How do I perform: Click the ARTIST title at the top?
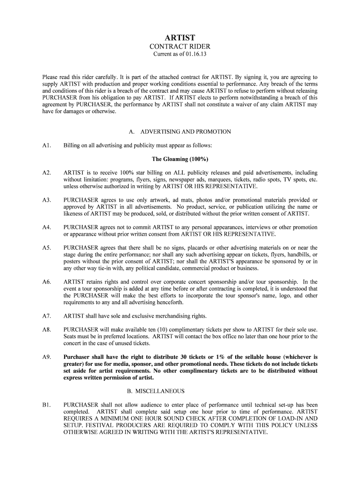180,37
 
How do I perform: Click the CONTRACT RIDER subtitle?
180,47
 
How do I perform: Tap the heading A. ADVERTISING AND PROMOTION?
180,132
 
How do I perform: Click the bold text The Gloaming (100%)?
180,159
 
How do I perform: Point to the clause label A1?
46,145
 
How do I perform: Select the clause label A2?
46,173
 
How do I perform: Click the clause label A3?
46,200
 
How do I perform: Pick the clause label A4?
46,227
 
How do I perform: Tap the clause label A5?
46,247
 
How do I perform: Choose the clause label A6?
46,282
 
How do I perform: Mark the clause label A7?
46,316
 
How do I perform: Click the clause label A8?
46,329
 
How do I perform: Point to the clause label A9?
46,356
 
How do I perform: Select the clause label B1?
46,405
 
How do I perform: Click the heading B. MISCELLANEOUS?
180,391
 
